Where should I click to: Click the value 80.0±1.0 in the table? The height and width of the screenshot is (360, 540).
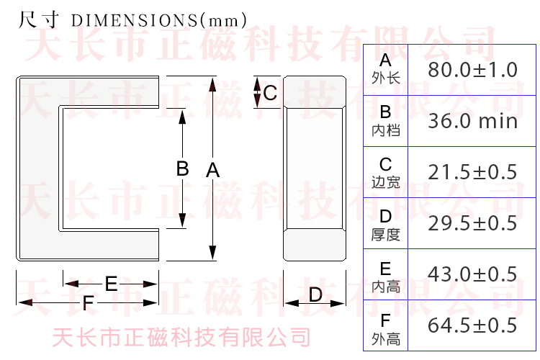coord(472,70)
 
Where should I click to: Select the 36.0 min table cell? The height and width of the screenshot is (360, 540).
coord(472,121)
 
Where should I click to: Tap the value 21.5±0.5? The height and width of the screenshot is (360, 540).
coord(472,172)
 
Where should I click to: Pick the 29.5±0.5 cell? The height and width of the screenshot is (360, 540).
coord(472,223)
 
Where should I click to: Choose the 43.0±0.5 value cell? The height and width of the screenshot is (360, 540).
coord(472,274)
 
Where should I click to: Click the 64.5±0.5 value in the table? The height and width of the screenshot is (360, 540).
coord(472,325)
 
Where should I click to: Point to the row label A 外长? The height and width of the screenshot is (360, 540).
coord(386,69)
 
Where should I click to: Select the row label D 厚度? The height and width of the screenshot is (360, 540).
coord(386,225)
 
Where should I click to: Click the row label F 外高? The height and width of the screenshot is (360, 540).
coord(386,329)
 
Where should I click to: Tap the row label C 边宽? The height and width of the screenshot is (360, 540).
coord(386,173)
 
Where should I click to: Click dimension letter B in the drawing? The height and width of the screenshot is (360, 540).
coord(183,168)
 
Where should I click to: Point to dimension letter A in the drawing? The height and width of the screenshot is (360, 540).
coord(213,170)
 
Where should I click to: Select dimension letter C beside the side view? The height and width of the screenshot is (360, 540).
coord(270,93)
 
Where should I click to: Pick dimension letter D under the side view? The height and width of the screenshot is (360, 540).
coord(315,294)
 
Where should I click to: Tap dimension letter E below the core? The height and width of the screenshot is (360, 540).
coord(111,284)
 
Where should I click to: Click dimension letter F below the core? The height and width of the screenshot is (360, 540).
coord(88,303)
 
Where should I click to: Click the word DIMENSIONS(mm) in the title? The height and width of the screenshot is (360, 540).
coord(159,20)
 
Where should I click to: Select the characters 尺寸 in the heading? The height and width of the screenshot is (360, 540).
coord(39,19)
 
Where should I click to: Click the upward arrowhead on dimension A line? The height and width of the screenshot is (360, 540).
coord(213,84)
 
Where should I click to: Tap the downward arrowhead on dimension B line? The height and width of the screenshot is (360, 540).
coord(183,220)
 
